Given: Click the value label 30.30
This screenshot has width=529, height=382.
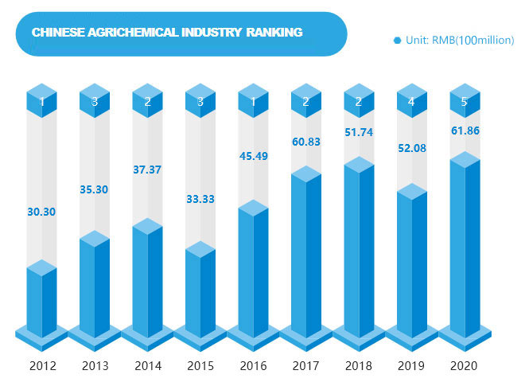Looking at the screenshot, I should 41,212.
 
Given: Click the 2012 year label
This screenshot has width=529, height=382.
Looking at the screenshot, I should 42,367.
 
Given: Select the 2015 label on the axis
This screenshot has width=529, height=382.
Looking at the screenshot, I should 200,367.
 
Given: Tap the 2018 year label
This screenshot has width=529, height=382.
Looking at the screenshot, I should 359,367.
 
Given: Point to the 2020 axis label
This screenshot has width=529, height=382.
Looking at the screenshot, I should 465,367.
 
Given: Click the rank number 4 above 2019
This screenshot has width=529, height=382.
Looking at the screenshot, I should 412,102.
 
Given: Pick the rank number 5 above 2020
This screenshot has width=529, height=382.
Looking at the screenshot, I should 465,102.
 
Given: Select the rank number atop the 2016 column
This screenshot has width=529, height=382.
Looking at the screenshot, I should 253,102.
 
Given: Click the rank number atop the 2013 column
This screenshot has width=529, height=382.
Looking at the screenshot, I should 95,102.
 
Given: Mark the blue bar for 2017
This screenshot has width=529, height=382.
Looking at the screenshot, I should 305,255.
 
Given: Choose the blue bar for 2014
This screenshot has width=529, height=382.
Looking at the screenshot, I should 147,279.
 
